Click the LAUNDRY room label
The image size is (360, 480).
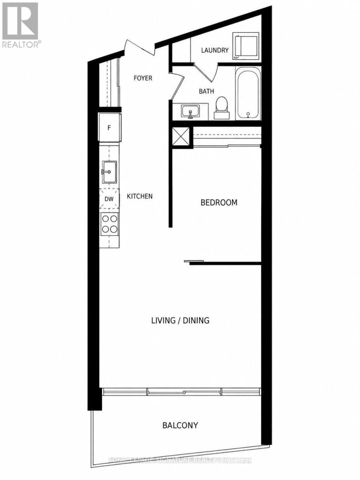(215, 50)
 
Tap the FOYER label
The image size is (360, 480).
(143, 78)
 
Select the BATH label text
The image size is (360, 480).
(206, 91)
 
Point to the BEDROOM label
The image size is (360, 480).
(219, 202)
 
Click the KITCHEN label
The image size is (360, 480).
(140, 196)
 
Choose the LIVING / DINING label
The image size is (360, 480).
(180, 320)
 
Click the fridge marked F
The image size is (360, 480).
(110, 128)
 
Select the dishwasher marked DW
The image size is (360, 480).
(109, 199)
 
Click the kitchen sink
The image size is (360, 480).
(109, 172)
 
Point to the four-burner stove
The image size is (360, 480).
(110, 224)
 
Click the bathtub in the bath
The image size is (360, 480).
(248, 94)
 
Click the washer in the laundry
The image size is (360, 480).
(246, 46)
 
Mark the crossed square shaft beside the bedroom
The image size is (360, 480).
(181, 136)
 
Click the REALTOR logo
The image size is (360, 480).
(20, 25)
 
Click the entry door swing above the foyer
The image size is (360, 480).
(139, 48)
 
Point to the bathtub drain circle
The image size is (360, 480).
(248, 114)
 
